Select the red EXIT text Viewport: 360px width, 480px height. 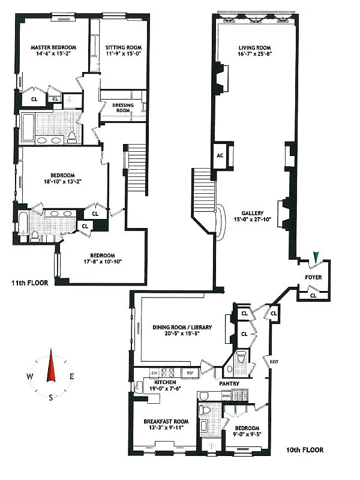[275, 362]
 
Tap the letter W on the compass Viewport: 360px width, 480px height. [29, 376]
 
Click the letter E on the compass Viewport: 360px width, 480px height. [71, 376]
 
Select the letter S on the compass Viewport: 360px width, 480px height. [50, 404]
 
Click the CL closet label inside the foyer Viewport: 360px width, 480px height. [314, 295]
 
